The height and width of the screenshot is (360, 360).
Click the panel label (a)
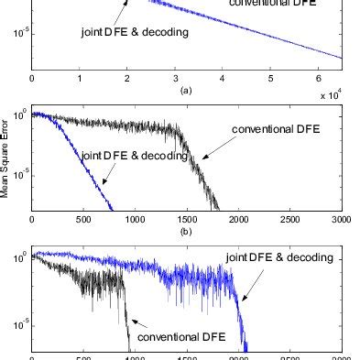187,92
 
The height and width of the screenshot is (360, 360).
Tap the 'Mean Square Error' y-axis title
5,163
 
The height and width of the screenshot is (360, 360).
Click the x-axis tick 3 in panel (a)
175,80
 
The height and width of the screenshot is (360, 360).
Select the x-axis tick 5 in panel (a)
270,80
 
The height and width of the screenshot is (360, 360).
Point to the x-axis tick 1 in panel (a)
80,80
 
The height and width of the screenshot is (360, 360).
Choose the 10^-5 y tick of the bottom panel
18,324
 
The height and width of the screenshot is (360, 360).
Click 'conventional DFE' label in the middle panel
272,131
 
